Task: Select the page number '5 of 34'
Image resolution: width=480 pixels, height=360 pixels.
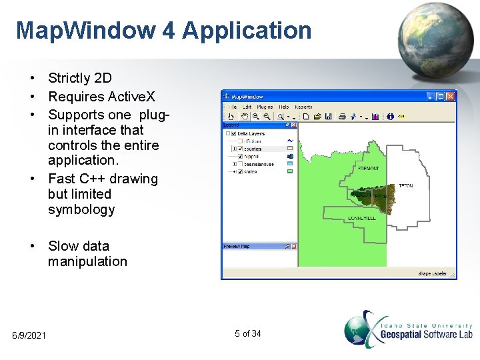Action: [x=248, y=333]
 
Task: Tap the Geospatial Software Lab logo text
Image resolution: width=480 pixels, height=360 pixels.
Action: [x=427, y=333]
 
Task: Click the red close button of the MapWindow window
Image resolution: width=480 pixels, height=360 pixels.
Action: [x=451, y=97]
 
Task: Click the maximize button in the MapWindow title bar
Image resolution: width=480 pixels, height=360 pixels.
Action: [x=441, y=97]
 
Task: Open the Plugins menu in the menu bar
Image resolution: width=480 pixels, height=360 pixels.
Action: [x=265, y=107]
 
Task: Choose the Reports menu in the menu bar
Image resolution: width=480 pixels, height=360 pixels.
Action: [x=303, y=107]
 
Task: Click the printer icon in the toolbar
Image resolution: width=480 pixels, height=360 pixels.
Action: [x=342, y=117]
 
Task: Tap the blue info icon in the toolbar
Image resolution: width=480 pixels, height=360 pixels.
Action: [x=390, y=117]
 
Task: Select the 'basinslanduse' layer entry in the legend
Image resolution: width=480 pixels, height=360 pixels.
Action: [x=257, y=163]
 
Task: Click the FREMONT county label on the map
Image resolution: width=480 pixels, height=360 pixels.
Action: [x=369, y=169]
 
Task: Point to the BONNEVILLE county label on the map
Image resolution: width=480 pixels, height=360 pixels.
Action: [x=362, y=218]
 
